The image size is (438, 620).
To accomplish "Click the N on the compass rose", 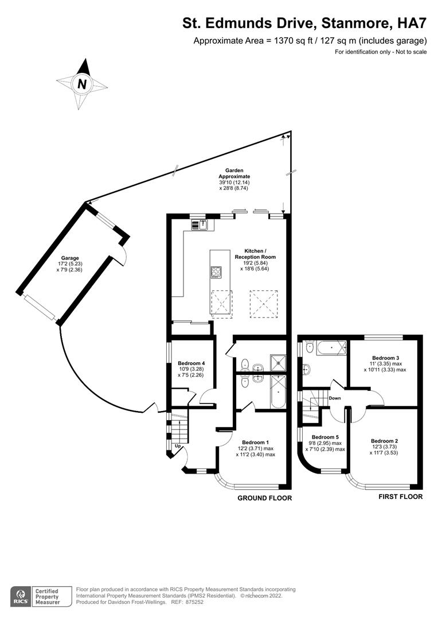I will click(x=82, y=84).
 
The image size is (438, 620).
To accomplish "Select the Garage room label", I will click(x=70, y=258).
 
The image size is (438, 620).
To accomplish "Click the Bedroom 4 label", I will click(x=191, y=363).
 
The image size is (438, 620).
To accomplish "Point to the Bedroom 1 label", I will click(x=256, y=442).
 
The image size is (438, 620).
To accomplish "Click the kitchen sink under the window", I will click(x=203, y=224).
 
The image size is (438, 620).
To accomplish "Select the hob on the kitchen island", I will click(x=217, y=272).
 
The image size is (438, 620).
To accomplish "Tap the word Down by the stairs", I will click(x=335, y=398).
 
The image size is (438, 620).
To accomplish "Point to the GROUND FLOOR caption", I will click(x=264, y=498).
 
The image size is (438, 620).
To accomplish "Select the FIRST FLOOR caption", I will click(x=400, y=497).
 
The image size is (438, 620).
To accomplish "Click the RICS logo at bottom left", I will click(x=21, y=595).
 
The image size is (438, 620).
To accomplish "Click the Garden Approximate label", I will click(x=234, y=173).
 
